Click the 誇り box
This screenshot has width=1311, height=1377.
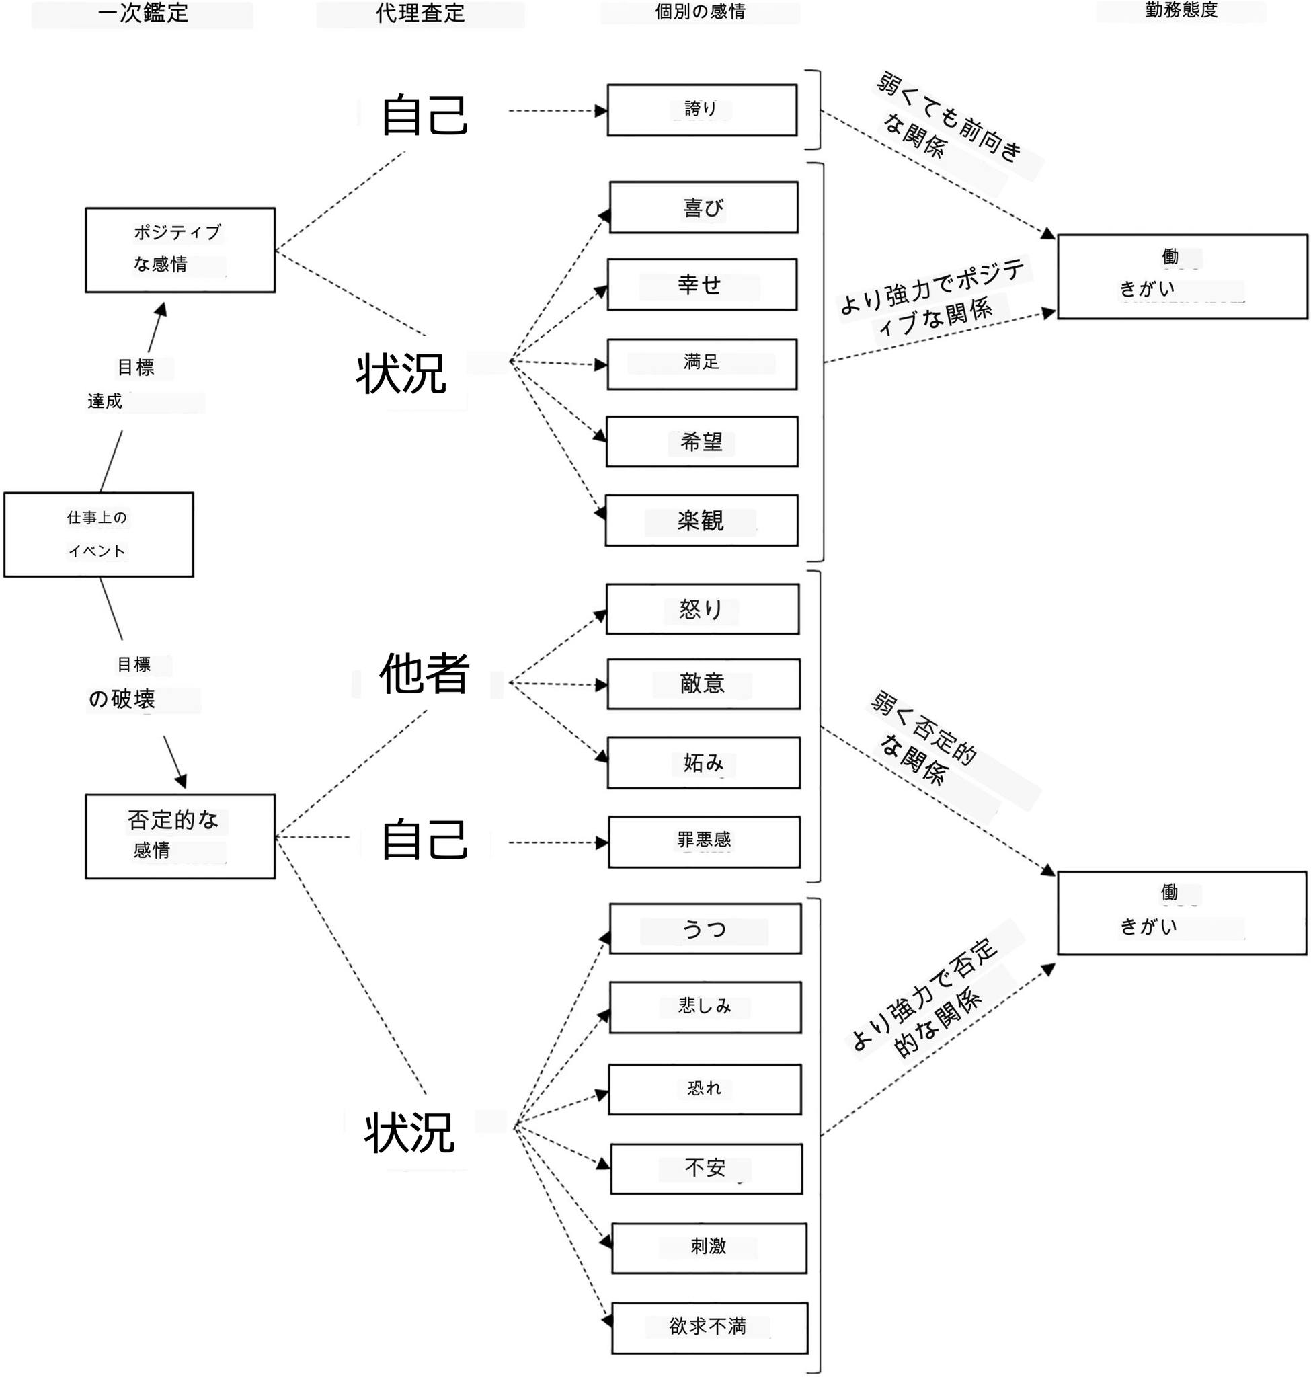702,110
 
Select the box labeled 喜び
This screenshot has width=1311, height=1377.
704,208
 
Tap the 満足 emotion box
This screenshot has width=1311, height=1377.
702,364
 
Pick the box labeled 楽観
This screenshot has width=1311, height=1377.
701,520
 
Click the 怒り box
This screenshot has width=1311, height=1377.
703,608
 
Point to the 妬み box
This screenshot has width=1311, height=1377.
703,762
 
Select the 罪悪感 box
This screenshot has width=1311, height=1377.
704,842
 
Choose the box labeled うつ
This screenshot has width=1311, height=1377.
705,929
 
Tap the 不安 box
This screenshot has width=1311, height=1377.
706,1169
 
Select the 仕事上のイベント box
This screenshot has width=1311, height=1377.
99,535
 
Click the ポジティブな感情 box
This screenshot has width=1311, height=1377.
180,250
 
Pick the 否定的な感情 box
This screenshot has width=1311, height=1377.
180,836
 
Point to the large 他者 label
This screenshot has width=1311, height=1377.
424,673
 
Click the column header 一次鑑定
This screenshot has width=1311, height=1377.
143,13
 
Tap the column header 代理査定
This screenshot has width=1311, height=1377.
420,13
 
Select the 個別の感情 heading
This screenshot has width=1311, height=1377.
701,11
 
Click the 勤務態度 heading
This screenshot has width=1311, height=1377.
1181,10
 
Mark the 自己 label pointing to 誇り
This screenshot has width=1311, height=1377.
424,116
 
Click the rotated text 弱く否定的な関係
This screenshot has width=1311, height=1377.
924,739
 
